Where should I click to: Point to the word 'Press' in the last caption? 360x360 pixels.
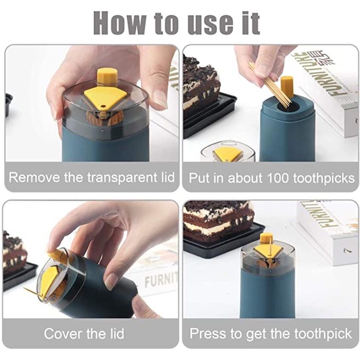[207, 333]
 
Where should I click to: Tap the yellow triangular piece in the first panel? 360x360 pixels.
[105, 96]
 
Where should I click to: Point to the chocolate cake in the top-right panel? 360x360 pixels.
[201, 85]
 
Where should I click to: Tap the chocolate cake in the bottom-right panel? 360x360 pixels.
[217, 220]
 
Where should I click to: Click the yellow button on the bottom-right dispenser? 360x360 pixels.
[266, 238]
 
